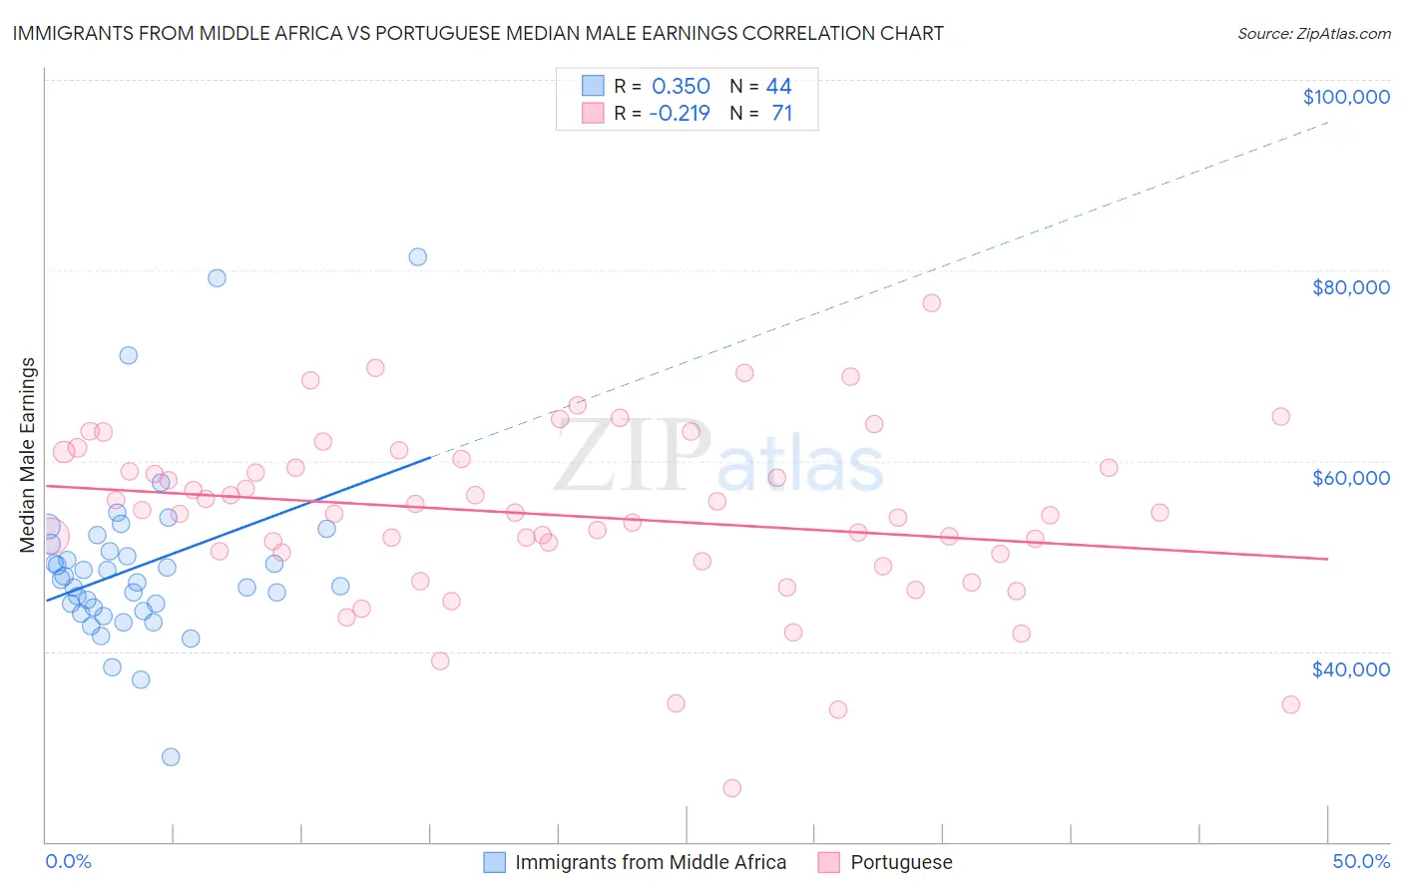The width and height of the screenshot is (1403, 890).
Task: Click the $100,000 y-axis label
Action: [x=1346, y=97]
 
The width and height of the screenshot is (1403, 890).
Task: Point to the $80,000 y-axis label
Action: [x=1350, y=287]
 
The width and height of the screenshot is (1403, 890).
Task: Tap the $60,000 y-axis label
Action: [x=1350, y=478]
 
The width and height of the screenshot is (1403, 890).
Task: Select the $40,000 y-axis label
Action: [x=1350, y=669]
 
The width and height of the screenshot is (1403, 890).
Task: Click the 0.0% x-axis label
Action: [x=68, y=861]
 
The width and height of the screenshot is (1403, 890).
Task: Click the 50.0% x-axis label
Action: [x=1360, y=861]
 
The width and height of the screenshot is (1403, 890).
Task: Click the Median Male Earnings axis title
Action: [x=28, y=455]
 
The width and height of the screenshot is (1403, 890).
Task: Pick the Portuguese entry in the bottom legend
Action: [x=900, y=862]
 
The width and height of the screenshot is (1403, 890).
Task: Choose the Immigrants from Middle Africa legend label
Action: [x=650, y=862]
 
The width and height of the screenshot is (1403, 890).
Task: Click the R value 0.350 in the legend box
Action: [x=681, y=86]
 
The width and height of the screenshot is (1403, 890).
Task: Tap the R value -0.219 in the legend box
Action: [x=679, y=113]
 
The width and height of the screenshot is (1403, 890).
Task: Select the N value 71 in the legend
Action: [x=781, y=113]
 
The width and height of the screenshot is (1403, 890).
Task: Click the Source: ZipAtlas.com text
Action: [x=1313, y=33]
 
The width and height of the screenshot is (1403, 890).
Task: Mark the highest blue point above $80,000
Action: [x=418, y=257]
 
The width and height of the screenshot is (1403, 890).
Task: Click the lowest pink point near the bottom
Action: [x=732, y=788]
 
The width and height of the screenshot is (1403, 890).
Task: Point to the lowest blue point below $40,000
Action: [x=171, y=757]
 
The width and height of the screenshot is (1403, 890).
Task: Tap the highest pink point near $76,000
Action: [x=932, y=303]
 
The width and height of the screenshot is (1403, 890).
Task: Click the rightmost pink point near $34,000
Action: [x=1290, y=704]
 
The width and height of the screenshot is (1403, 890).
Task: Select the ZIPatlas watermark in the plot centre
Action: [x=718, y=457]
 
